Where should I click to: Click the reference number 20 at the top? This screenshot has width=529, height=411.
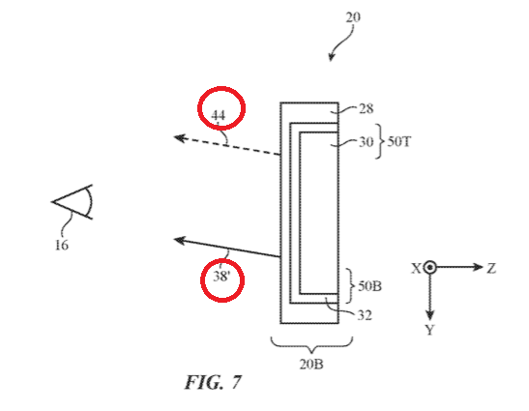[353, 16]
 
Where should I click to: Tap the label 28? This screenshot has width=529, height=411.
[367, 108]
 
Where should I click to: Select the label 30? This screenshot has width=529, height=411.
[367, 142]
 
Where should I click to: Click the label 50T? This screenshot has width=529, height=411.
[398, 141]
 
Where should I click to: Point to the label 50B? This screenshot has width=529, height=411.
[369, 286]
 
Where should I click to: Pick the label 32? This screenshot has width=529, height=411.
[365, 315]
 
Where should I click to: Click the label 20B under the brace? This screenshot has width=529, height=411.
[311, 364]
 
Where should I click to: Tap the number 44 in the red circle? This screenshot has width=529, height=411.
[218, 115]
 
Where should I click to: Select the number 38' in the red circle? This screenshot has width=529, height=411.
[221, 277]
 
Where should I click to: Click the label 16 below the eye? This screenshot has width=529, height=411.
[62, 245]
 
